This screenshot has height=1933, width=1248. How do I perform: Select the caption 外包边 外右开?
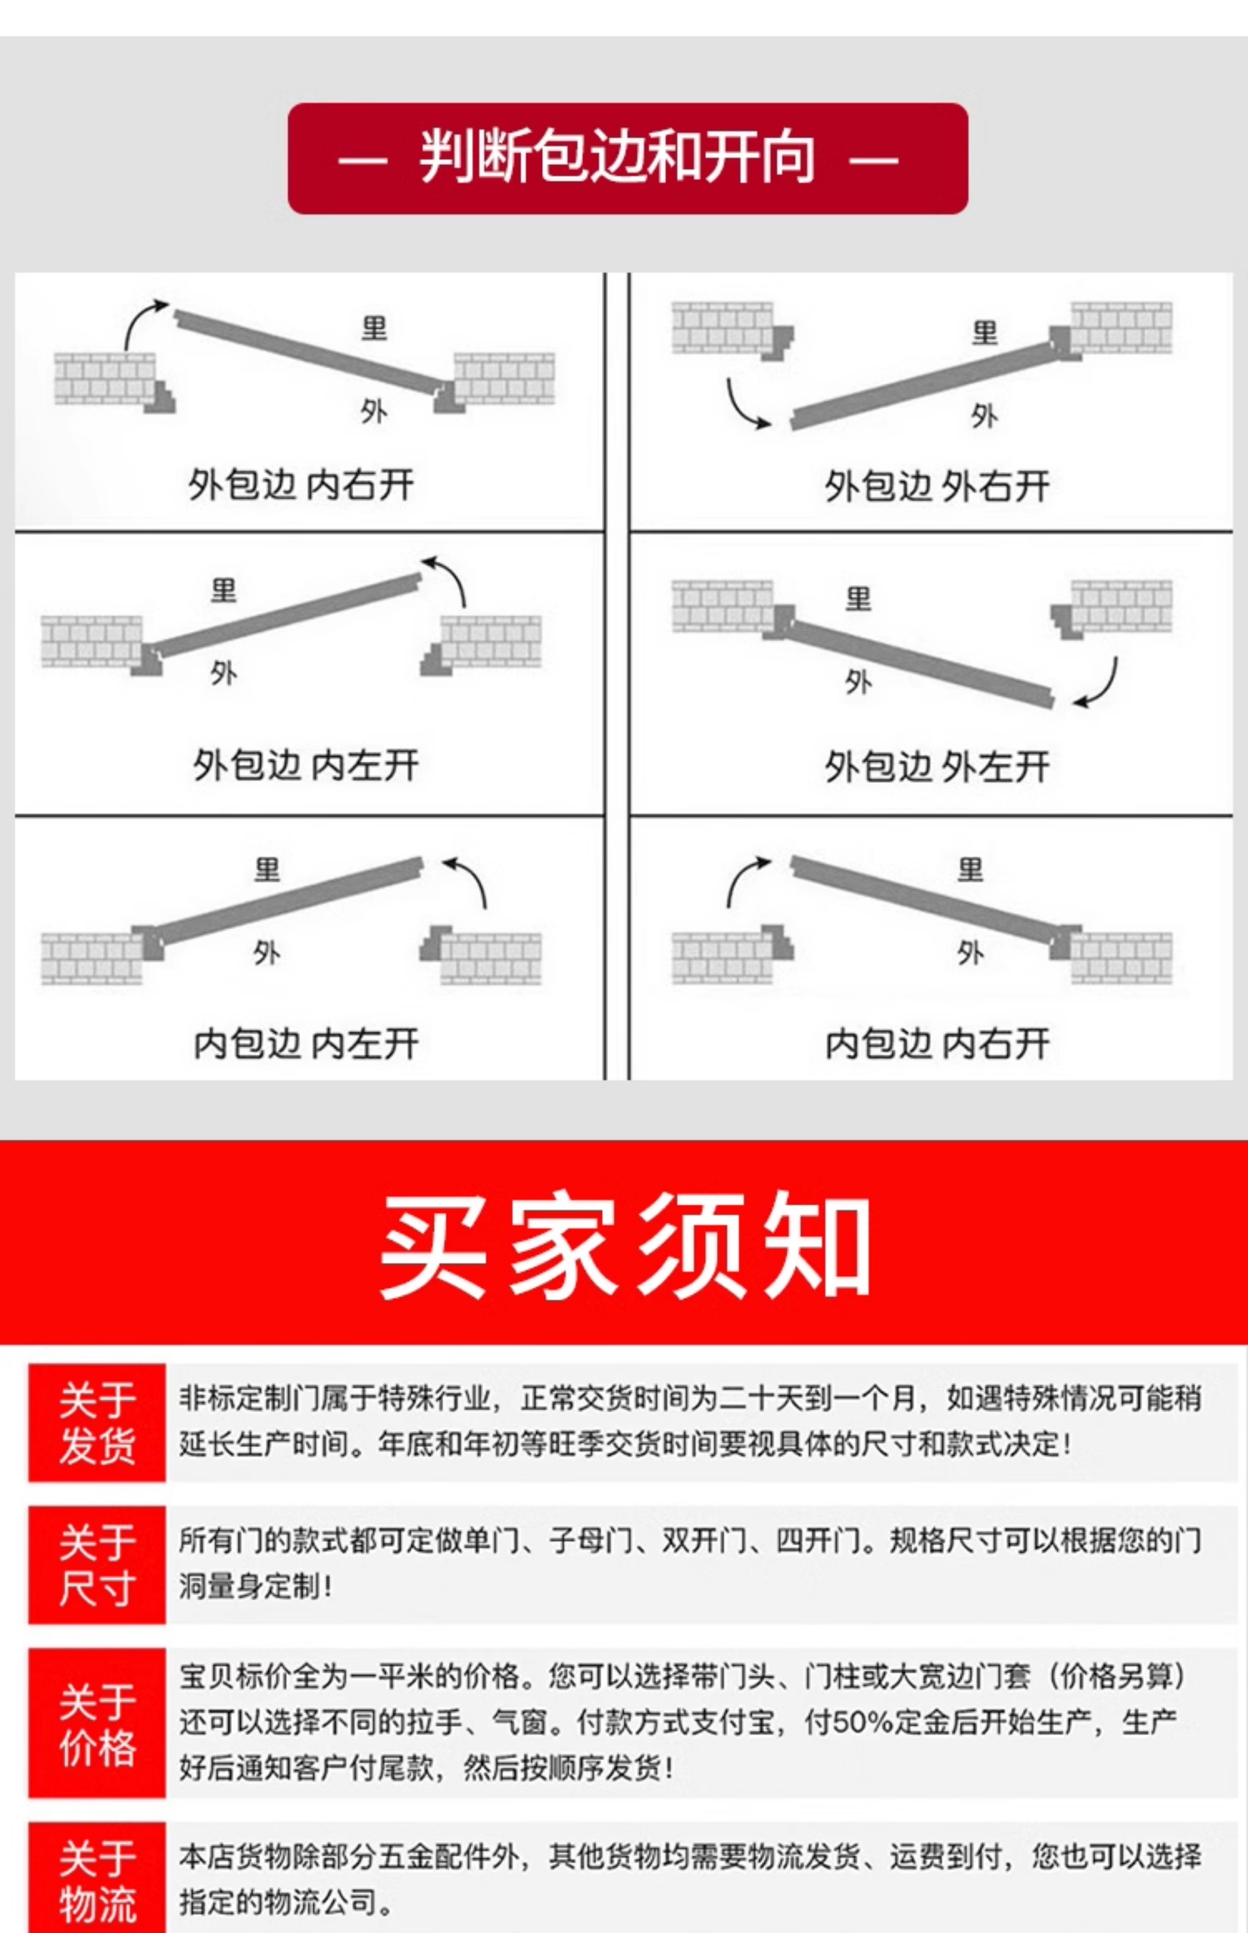[x=937, y=486]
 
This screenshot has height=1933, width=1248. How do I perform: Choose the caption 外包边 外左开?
[x=937, y=767]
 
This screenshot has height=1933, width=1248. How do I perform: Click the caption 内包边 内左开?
[x=305, y=1044]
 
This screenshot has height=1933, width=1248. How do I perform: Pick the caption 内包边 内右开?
[x=937, y=1044]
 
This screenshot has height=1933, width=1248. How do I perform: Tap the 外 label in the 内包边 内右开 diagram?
[x=970, y=953]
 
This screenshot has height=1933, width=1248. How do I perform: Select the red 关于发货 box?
[x=97, y=1423]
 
